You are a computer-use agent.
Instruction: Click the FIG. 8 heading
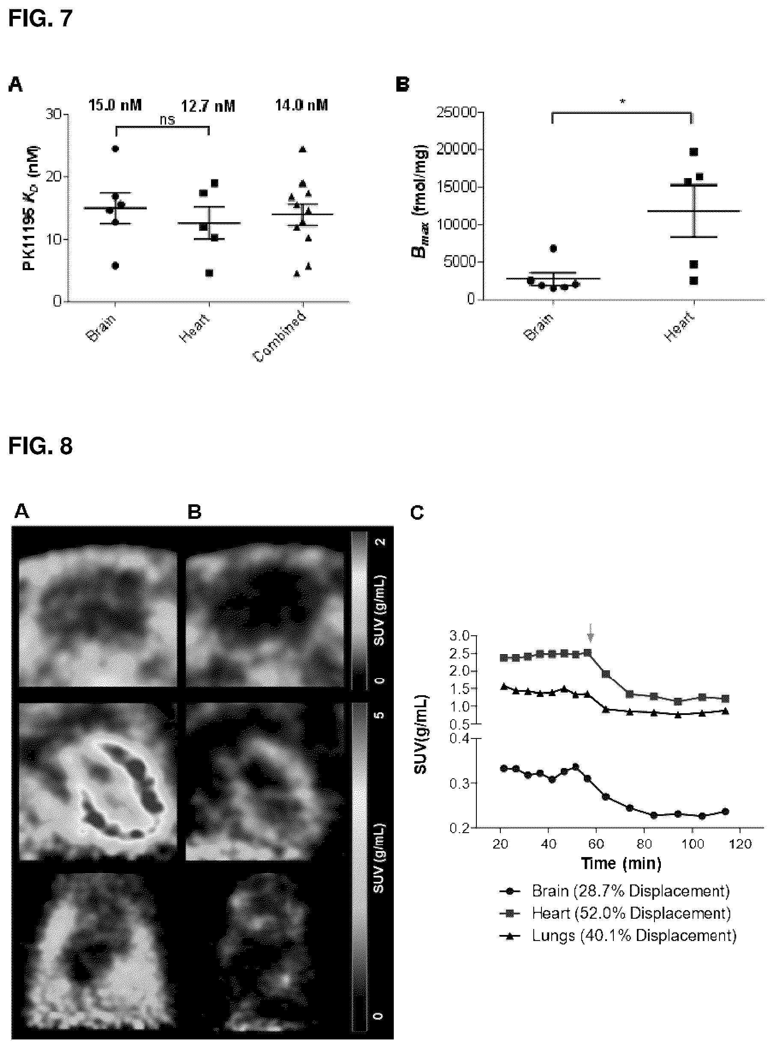point(41,446)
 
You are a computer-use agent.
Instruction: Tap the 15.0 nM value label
point(115,105)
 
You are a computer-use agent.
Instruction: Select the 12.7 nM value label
point(208,106)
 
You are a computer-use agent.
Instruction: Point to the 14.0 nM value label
point(301,105)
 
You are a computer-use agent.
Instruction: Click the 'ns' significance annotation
point(167,120)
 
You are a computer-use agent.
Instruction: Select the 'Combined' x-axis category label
point(280,336)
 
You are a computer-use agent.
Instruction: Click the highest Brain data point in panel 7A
point(115,149)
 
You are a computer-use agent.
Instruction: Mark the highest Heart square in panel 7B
point(693,152)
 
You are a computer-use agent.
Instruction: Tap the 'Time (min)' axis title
point(621,863)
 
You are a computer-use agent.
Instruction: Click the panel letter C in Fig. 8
point(417,513)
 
